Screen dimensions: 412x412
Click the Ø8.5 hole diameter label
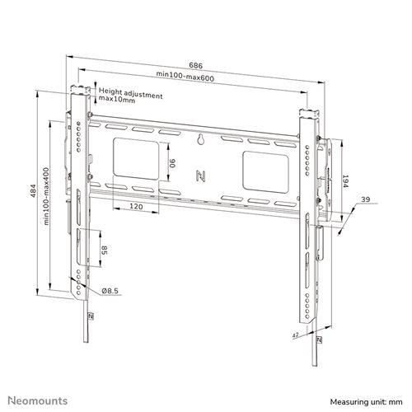[109, 290]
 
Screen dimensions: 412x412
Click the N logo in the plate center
[199, 175]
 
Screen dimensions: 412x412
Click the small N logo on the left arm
[90, 315]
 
